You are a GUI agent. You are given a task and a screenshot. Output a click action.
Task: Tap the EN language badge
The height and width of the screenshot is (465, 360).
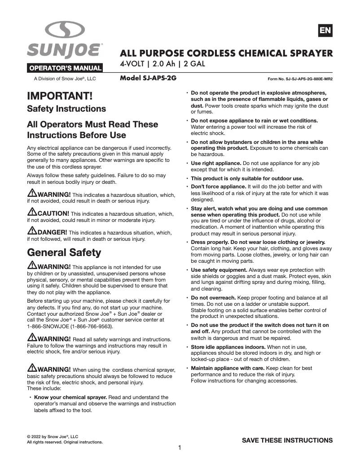pos(325,30)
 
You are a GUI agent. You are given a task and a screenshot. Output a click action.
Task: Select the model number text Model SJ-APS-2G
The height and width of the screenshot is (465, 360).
pos(148,78)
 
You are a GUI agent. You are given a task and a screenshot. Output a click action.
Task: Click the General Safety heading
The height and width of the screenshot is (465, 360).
pos(64,252)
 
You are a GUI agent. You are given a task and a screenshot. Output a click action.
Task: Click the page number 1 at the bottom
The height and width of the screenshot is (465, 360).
pos(180,448)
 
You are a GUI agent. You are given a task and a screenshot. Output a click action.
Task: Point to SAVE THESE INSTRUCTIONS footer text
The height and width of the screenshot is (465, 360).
pos(287,440)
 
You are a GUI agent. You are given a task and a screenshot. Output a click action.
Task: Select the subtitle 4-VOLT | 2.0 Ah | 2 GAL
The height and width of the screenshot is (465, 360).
pos(162,64)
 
